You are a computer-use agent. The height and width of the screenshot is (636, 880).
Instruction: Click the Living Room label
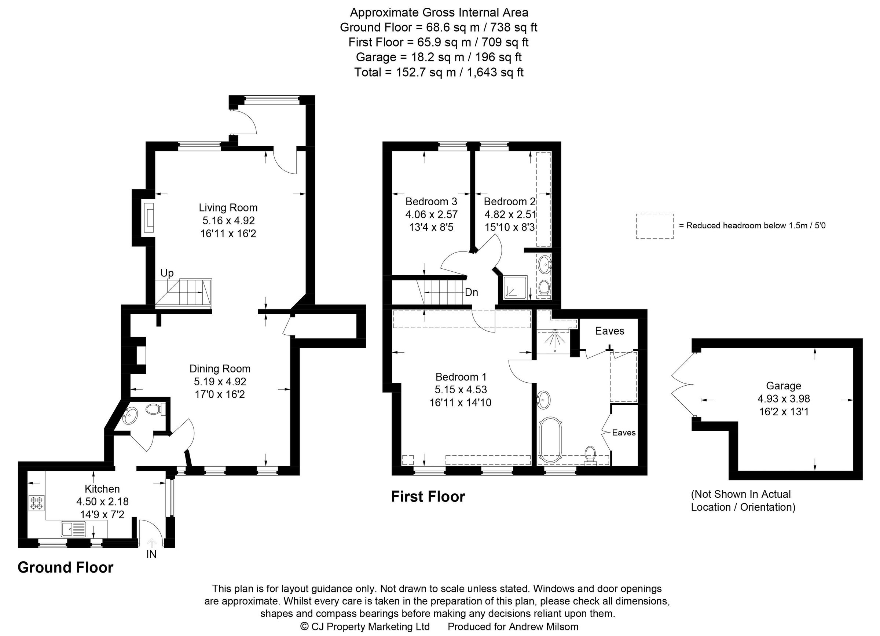228,208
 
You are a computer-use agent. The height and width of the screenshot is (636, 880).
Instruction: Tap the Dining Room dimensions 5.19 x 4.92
220,382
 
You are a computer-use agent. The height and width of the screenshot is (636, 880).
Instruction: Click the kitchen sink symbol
73,529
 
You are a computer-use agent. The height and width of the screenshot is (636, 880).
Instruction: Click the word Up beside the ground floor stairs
167,273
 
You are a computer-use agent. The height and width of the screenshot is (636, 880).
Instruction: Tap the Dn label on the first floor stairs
471,293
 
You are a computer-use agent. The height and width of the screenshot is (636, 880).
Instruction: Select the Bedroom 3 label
431,202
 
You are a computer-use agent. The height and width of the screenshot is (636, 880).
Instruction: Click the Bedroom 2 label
509,202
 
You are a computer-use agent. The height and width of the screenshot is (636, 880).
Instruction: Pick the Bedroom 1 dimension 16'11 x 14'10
460,402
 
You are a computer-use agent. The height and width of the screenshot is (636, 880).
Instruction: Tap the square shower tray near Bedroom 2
515,288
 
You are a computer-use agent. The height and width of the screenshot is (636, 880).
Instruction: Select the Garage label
784,386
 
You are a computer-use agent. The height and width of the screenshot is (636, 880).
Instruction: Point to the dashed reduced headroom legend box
654,226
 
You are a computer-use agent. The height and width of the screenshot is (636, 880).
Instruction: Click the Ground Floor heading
65,567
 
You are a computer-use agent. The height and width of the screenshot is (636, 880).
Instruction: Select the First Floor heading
428,497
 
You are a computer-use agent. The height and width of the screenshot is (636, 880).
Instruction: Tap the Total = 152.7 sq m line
439,73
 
